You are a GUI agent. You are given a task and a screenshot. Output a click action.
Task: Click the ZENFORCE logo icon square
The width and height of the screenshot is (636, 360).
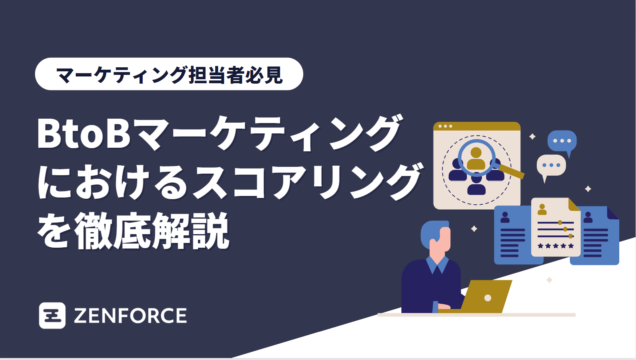52,315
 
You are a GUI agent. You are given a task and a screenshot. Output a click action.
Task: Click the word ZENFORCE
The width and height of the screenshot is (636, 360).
130,316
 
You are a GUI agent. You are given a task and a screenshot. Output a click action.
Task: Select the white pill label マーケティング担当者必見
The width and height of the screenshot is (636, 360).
169,74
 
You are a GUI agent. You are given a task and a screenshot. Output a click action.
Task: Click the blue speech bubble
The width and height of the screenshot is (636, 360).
562,141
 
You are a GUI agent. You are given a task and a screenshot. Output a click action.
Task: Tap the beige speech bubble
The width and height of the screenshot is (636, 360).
551,165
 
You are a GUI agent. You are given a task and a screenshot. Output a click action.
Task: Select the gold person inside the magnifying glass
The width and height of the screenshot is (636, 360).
476,158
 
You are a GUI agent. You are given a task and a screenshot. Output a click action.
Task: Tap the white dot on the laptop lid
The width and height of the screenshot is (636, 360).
487,297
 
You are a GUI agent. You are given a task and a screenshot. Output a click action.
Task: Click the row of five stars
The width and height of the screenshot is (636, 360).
556,246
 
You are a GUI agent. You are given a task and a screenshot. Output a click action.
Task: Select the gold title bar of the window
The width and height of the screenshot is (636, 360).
477,126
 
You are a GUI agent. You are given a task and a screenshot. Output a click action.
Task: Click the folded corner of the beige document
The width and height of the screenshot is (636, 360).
573,205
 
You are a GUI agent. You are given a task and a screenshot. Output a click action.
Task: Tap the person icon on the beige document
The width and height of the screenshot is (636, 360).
542,209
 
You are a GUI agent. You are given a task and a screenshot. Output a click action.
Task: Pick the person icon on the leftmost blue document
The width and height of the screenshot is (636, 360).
505,217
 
